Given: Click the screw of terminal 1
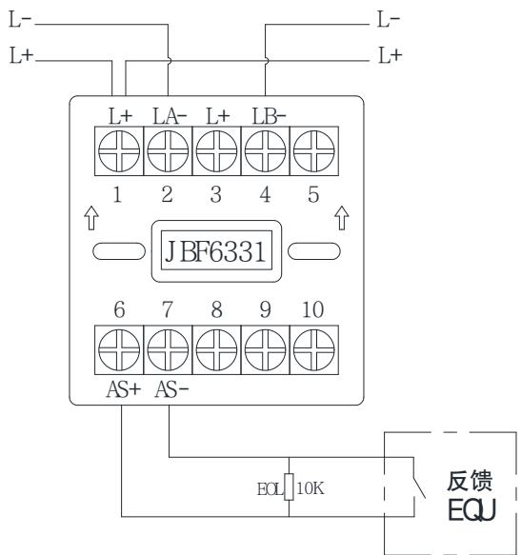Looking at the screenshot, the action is point(119,150).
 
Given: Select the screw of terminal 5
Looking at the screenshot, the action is point(313,150).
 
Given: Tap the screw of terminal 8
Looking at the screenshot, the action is point(216,349).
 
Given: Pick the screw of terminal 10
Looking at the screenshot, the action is point(313,349).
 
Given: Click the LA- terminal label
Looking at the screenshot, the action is point(170,116).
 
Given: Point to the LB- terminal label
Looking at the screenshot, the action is point(269,116).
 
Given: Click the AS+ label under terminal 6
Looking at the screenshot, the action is point(124,389).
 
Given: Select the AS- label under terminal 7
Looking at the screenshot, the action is point(171,389).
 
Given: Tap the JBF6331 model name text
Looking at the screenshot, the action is point(215,251).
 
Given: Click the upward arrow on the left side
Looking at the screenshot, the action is point(91,218).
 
